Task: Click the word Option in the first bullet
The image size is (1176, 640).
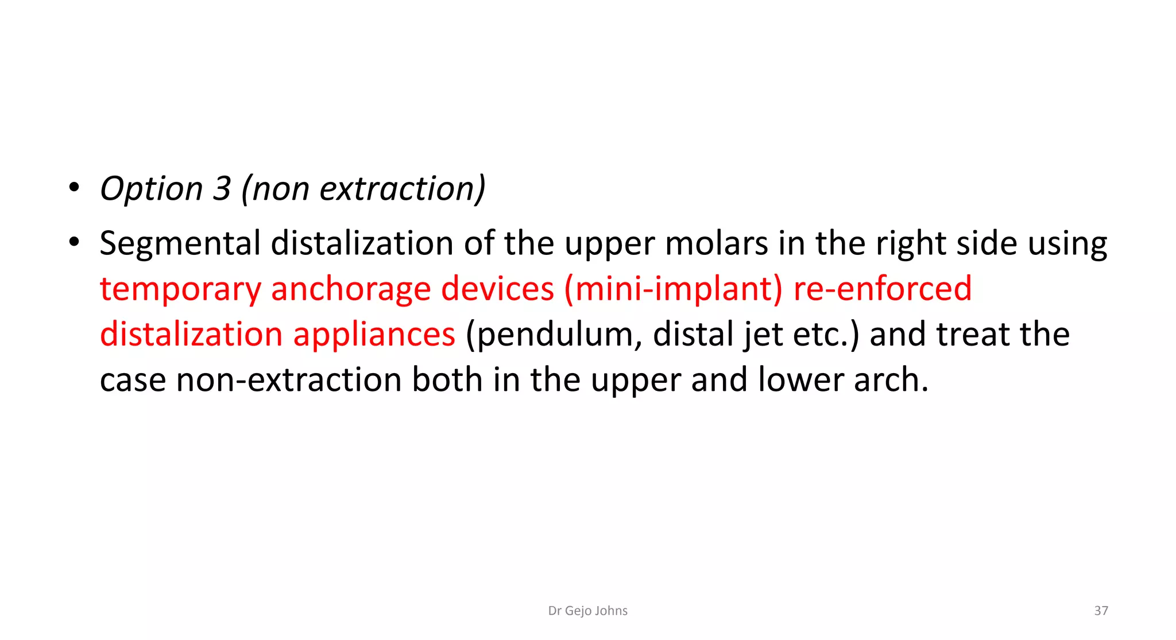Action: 151,189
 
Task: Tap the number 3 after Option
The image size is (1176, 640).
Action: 222,189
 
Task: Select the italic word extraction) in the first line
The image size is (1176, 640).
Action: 403,189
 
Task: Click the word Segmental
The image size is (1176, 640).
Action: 180,243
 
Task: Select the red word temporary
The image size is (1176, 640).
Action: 180,289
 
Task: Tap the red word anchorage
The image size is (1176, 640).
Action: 350,289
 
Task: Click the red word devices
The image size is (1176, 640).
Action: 497,289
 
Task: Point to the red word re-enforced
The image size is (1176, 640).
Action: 883,289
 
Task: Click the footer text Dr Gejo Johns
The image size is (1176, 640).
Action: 587,611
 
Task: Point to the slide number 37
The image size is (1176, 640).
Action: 1101,611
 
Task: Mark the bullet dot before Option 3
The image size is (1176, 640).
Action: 73,188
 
